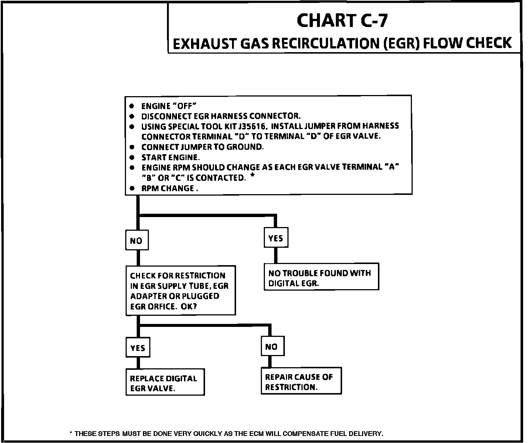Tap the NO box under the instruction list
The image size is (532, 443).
tap(136, 241)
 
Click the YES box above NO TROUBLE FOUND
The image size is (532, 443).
tap(276, 239)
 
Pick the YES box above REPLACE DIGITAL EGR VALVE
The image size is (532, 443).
tap(138, 348)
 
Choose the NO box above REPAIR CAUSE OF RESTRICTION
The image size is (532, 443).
tap(272, 346)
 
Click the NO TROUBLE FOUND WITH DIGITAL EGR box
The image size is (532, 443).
tap(321, 278)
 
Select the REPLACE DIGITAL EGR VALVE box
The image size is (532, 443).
tap(165, 383)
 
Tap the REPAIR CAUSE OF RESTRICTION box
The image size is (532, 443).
tap(301, 382)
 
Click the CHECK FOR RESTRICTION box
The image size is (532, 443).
tap(180, 291)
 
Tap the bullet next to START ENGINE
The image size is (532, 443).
tap(132, 158)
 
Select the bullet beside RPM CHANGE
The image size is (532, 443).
tap(132, 188)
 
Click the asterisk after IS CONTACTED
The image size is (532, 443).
tap(252, 176)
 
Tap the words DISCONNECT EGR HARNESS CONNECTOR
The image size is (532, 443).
tap(221, 116)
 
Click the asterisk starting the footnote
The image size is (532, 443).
tap(71, 433)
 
